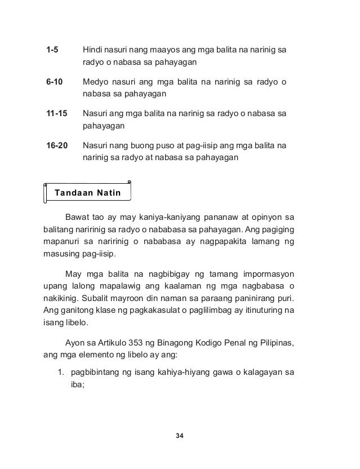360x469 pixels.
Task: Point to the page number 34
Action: [x=180, y=436]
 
